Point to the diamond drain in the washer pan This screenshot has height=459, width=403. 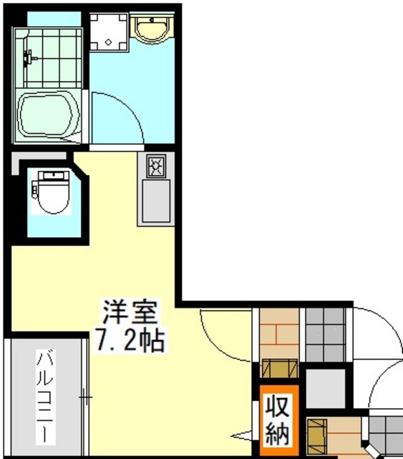click(108, 42)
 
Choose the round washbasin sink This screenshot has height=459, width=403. click(152, 29)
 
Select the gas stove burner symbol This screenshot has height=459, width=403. click(157, 167)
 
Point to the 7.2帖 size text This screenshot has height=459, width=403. click(129, 339)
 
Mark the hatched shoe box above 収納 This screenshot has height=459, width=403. click(279, 367)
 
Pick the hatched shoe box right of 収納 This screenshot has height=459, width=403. click(316, 433)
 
